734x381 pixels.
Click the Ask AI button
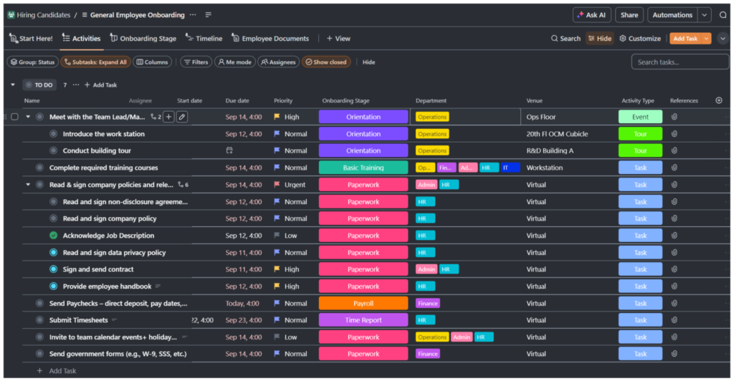pos(591,15)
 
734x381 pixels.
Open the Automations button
pos(672,15)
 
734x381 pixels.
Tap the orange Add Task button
pos(685,39)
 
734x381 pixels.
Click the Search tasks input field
pos(680,62)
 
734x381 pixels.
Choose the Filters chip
pos(196,62)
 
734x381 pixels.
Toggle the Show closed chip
pos(326,62)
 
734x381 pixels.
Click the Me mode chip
pos(234,62)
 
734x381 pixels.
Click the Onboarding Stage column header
pos(345,101)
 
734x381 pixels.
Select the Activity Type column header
pos(637,101)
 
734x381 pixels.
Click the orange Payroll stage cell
pos(363,304)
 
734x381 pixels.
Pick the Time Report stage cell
pos(363,320)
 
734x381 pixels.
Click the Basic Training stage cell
pos(363,168)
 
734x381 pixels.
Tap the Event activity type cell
pos(640,117)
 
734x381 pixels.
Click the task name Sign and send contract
pos(98,269)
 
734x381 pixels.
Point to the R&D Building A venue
pos(550,151)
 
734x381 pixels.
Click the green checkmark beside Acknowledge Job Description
pos(53,236)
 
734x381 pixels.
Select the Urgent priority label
pos(295,185)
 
